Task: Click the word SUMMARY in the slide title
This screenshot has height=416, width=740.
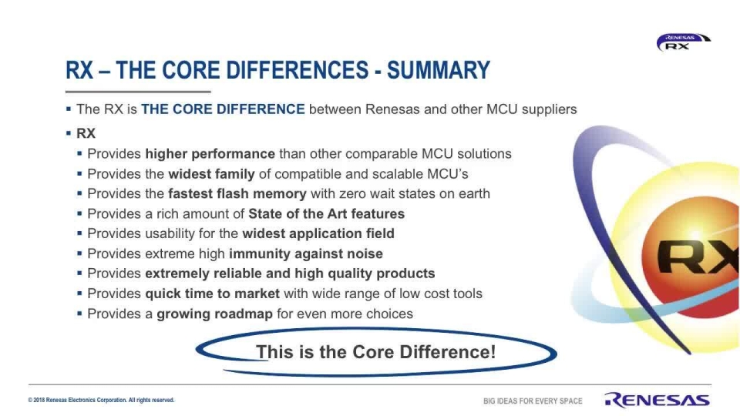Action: (438, 71)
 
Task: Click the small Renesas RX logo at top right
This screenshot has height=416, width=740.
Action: (682, 42)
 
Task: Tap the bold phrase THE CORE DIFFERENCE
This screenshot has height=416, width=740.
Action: (223, 109)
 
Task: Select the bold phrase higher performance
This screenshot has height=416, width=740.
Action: (210, 154)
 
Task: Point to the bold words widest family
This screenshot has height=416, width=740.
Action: (211, 174)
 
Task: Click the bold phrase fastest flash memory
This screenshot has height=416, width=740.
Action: (237, 194)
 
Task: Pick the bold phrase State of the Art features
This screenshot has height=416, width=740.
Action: (326, 214)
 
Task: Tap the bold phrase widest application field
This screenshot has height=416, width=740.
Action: (318, 234)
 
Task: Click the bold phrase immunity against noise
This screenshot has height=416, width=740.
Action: (305, 254)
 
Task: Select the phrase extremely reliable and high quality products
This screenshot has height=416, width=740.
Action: (290, 274)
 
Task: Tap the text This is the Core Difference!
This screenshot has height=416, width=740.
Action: (375, 353)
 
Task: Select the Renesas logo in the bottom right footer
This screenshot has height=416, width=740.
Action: (657, 399)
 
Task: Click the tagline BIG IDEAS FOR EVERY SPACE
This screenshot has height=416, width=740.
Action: (533, 401)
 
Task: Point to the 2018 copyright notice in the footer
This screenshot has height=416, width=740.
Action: (101, 401)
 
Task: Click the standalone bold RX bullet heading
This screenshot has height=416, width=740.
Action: (86, 134)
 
